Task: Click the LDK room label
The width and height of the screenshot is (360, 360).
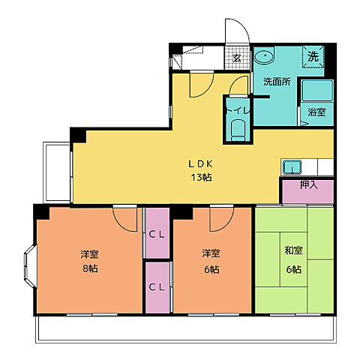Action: coord(200,164)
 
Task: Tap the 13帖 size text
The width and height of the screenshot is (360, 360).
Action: coord(201,178)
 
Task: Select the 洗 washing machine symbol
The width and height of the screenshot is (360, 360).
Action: coord(313,56)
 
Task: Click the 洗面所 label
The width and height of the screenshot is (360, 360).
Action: coord(277,82)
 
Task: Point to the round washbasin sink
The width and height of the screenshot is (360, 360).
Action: coord(264,55)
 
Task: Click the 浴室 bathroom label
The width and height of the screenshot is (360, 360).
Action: coord(316,112)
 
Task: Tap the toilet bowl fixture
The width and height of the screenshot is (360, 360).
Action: coord(238,130)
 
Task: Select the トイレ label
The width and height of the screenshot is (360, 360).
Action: coord(238,111)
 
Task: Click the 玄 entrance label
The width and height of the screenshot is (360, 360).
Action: coord(237,58)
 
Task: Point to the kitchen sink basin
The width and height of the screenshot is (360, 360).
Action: coord(292,167)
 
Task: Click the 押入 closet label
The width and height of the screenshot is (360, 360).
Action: coord(309,184)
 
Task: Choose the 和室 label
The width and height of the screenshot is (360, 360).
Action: coord(293,250)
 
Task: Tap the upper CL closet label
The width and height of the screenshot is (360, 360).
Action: coord(157,235)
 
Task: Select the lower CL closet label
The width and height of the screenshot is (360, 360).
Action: coord(157,287)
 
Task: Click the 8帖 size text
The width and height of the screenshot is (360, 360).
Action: coord(90,268)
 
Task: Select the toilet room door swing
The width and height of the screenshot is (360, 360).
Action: coord(234,80)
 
